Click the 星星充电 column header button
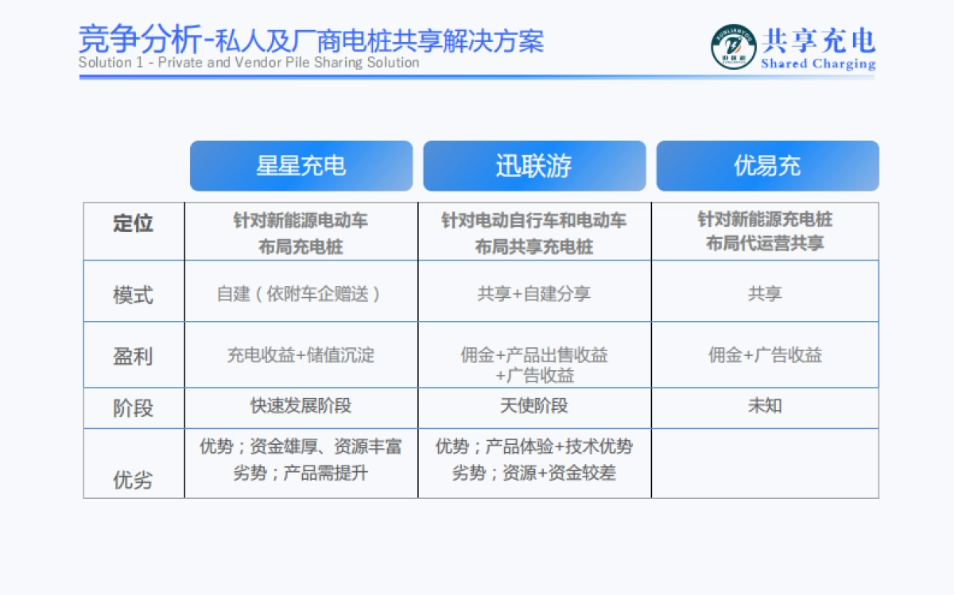click(x=301, y=166)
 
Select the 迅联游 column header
click(x=533, y=166)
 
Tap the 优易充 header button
click(x=767, y=166)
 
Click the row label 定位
click(x=133, y=223)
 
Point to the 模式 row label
click(x=133, y=296)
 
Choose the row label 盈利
click(x=133, y=356)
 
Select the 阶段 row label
click(x=133, y=408)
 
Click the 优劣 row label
click(x=133, y=480)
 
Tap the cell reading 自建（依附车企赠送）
click(x=301, y=294)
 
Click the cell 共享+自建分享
click(x=533, y=294)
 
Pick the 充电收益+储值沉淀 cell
click(x=301, y=355)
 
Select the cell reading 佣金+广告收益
click(x=765, y=355)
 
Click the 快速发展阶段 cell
click(x=301, y=406)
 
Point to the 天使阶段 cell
click(x=533, y=406)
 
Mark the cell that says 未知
click(x=765, y=406)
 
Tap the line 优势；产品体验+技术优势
click(x=533, y=446)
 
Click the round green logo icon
click(x=733, y=47)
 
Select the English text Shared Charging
click(x=818, y=64)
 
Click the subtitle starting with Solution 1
click(x=249, y=63)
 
